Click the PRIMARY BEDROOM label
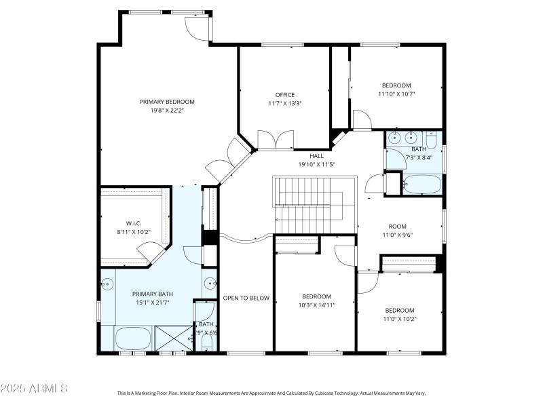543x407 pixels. [x=167, y=102]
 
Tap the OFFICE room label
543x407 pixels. [x=284, y=94]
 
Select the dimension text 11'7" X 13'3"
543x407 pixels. [x=284, y=104]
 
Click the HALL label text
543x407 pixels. [x=316, y=155]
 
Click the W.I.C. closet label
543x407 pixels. [x=133, y=222]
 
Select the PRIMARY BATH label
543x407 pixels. [x=152, y=294]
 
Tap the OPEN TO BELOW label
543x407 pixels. [x=246, y=298]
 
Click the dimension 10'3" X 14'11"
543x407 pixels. [x=316, y=305]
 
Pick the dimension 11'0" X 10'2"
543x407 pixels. [x=400, y=319]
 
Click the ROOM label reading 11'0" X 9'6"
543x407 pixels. [x=397, y=227]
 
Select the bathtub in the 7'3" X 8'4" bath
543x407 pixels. [x=422, y=184]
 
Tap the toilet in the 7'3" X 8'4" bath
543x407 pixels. [x=432, y=140]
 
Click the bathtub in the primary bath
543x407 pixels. [x=133, y=337]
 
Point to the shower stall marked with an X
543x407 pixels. [x=173, y=338]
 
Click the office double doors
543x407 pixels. [x=276, y=140]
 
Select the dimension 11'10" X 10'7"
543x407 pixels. [x=396, y=94]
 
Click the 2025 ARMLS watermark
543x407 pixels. [x=34, y=389]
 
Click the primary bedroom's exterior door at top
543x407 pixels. [x=199, y=27]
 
